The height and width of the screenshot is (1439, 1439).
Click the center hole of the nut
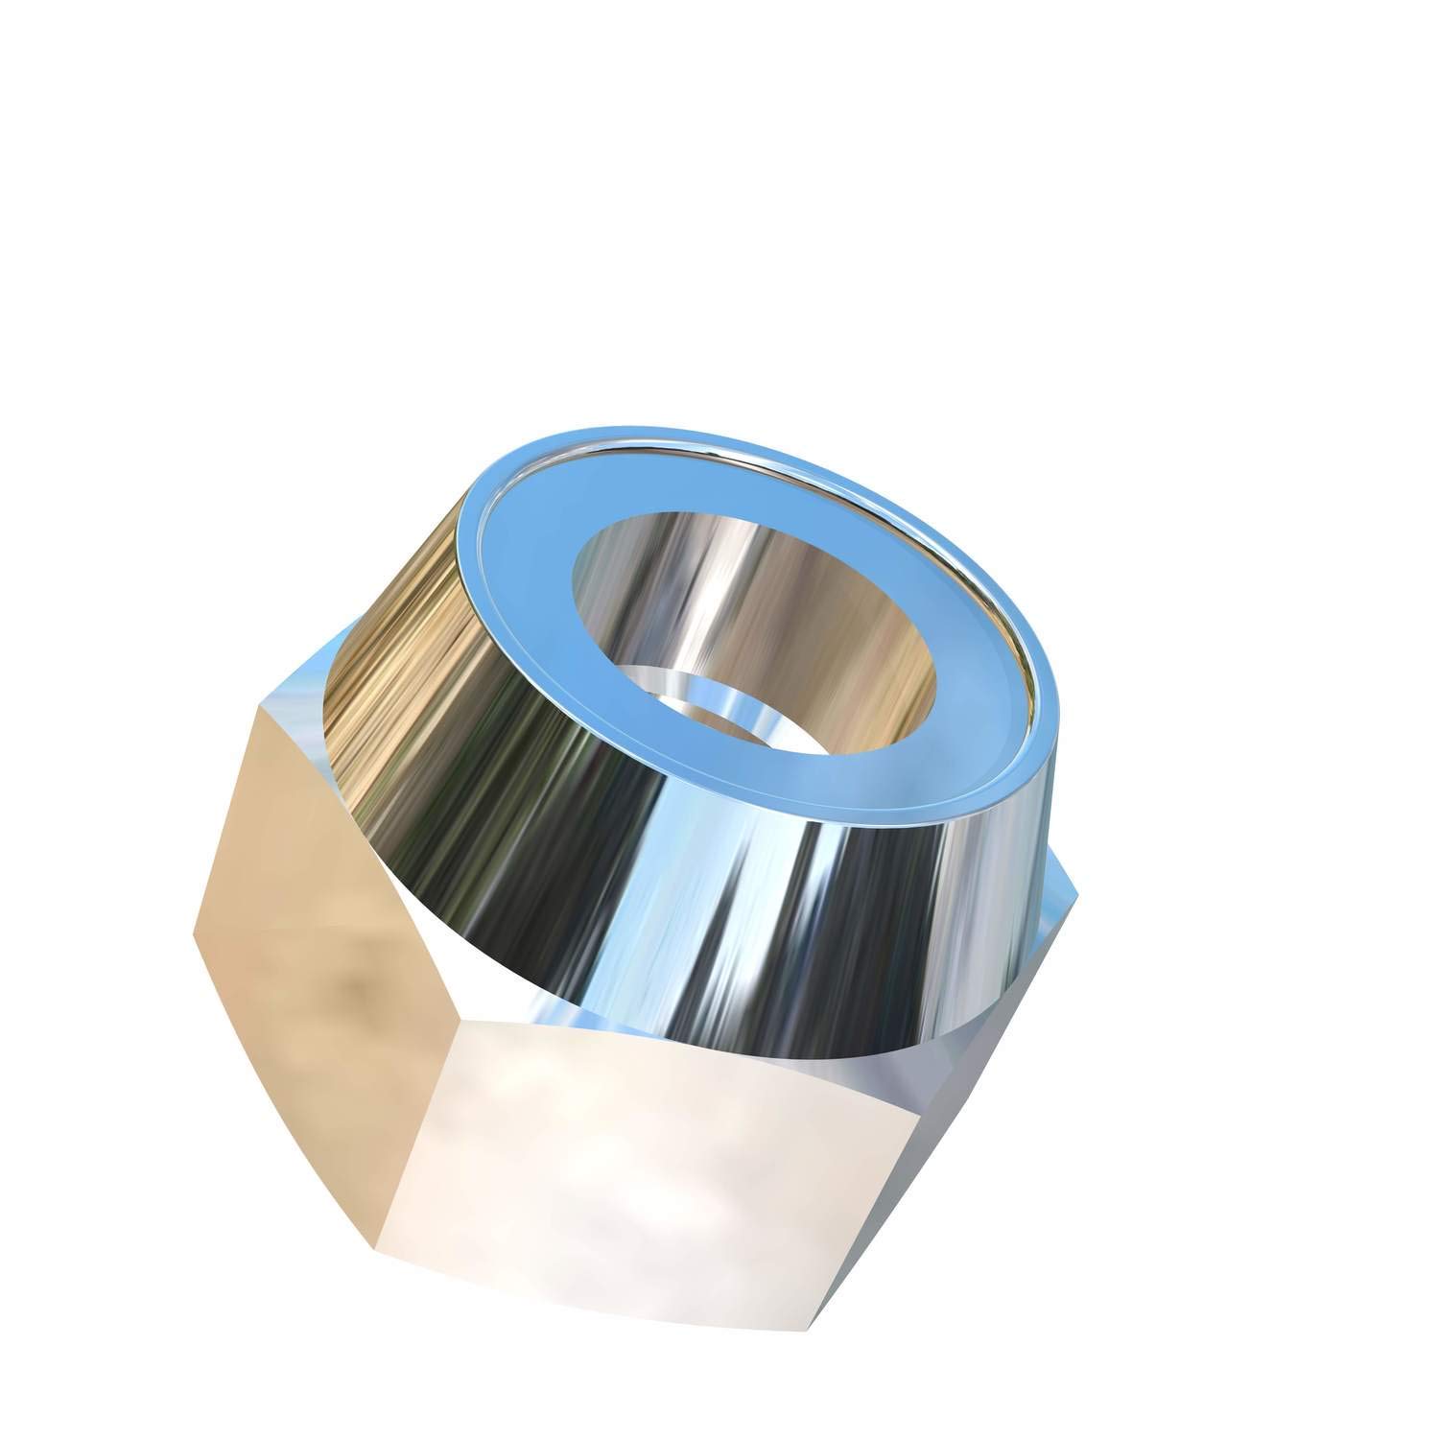[x=758, y=624]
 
